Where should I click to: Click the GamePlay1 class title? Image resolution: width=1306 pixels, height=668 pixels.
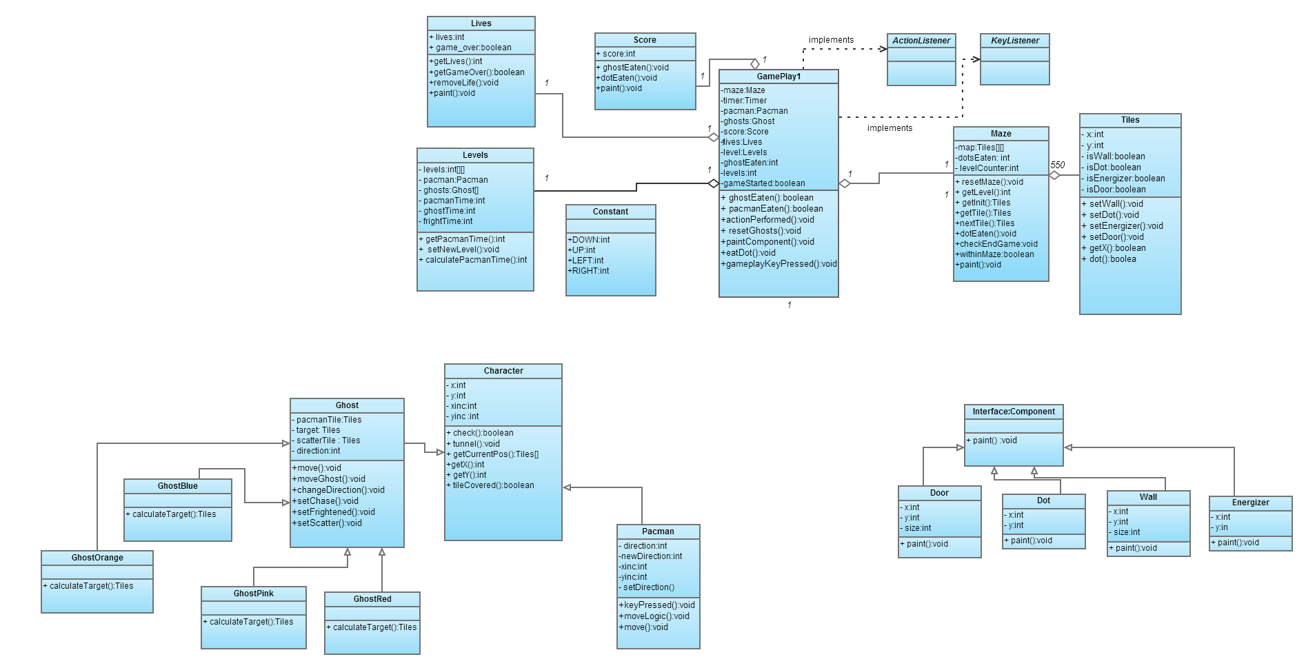778,77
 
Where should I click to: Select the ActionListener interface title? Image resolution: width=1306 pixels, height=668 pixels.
921,41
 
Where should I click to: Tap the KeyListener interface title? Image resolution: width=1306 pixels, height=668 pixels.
1015,41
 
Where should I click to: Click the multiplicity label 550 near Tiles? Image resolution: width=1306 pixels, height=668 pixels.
1058,165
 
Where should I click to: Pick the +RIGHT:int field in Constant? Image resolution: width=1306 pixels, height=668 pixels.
589,271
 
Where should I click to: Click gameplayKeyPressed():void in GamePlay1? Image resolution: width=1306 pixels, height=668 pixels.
779,264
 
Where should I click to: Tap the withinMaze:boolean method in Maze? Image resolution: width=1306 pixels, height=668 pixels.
995,254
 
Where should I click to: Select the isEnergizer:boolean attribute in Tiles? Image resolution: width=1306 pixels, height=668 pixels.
1125,179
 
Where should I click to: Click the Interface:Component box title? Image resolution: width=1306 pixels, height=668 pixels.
1014,412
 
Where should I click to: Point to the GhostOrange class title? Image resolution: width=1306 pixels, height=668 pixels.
97,558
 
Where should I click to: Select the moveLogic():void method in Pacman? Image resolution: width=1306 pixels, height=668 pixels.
654,616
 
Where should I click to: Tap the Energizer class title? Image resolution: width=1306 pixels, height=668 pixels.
1250,503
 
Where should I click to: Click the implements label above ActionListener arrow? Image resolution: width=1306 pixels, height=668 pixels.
831,40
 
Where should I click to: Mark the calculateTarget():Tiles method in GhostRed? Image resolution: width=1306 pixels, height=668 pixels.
372,627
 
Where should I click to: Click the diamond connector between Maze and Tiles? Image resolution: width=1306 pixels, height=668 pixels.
1054,175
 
